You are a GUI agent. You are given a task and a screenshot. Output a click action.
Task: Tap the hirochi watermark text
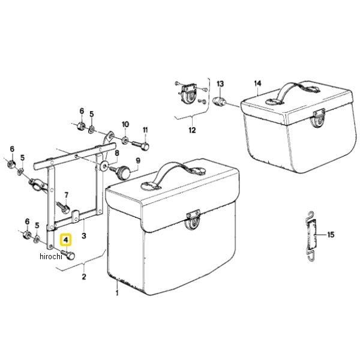[52, 257]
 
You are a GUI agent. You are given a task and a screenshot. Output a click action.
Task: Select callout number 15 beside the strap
[331, 235]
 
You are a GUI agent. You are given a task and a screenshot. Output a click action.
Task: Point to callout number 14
[258, 83]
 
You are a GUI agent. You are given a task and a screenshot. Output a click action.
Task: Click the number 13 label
[220, 83]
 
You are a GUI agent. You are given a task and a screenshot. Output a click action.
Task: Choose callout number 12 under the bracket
[192, 129]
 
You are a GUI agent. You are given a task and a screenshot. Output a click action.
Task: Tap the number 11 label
[145, 131]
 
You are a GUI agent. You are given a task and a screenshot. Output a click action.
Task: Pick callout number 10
[125, 124]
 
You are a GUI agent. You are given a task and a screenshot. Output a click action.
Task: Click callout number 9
[137, 160]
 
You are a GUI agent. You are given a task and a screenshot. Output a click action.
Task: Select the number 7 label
[67, 194]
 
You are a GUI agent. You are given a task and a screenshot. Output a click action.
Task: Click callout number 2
[84, 277]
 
